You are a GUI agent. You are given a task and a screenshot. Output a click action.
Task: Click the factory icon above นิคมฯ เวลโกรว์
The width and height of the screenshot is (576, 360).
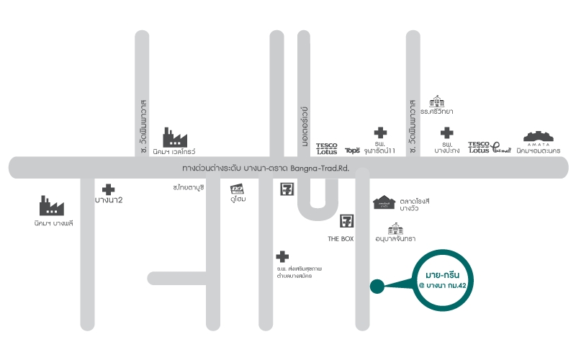tap(176, 137)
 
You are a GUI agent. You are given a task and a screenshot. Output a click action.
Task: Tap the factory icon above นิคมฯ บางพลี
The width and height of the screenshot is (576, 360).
tap(52, 206)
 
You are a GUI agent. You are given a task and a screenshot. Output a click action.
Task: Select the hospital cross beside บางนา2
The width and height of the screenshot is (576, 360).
tap(108, 189)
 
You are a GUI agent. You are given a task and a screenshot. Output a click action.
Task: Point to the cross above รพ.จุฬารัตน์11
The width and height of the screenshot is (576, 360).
tap(380, 132)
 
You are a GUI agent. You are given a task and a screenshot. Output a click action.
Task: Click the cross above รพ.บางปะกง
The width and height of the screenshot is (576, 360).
tap(447, 132)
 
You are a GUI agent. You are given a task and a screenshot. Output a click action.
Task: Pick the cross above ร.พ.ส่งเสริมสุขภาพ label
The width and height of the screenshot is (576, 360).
tap(282, 256)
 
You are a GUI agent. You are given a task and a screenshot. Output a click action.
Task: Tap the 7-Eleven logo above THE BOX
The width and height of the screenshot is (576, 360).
tap(348, 221)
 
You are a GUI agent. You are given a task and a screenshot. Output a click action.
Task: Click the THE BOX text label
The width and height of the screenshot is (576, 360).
tap(341, 238)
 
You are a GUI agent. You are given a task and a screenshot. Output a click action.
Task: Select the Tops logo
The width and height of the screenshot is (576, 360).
tap(352, 150)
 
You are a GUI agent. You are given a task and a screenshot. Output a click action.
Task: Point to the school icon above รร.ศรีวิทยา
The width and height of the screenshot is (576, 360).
tap(436, 100)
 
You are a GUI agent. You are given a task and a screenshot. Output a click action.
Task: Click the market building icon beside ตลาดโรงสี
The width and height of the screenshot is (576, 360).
tap(386, 203)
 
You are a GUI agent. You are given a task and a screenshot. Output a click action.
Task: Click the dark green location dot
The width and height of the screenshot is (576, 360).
tap(377, 287)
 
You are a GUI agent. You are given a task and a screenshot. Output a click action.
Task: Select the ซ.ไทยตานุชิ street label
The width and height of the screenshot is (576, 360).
tap(189, 186)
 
